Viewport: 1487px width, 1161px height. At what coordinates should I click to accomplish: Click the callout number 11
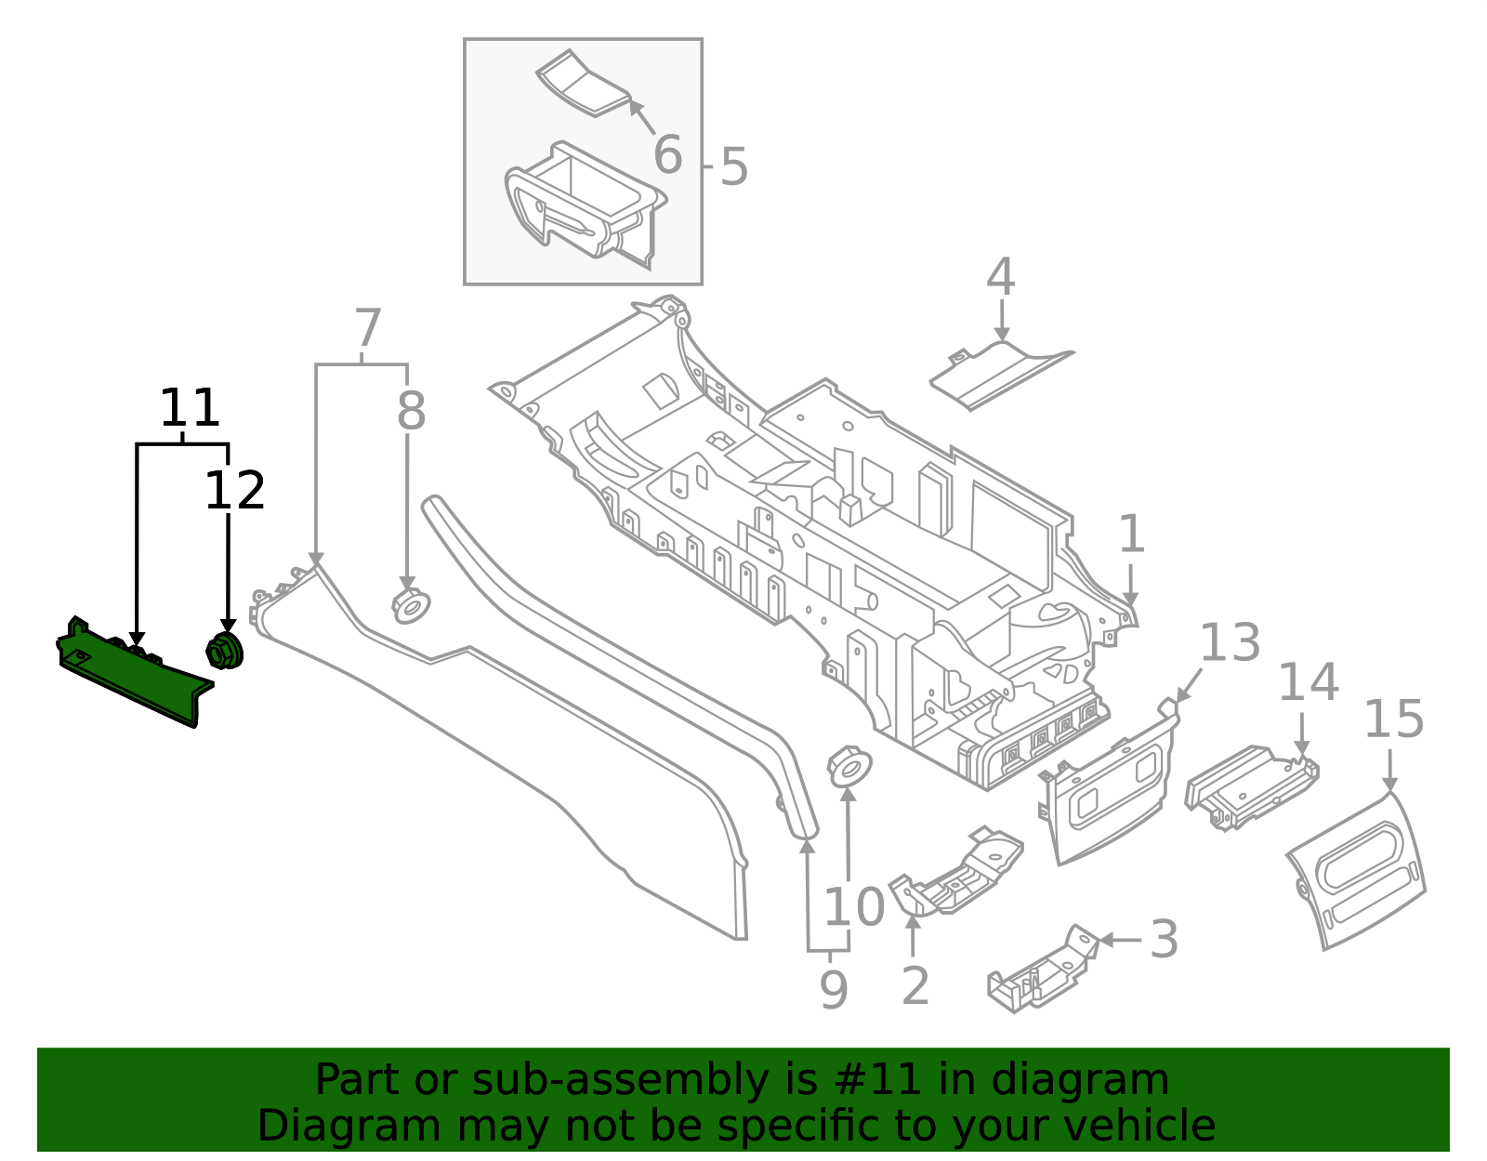[x=190, y=408]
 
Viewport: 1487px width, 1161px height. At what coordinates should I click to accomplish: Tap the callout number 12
[x=234, y=491]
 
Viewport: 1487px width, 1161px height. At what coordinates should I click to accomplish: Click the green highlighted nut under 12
[x=223, y=650]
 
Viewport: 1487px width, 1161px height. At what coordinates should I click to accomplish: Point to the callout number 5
[x=733, y=168]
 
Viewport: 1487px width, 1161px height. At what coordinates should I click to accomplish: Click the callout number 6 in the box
[x=667, y=155]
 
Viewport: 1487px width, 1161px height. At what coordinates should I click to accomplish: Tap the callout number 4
[x=1000, y=277]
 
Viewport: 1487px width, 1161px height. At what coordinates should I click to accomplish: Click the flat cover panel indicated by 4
[x=999, y=374]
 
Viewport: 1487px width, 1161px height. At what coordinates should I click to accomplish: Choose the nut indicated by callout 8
[x=409, y=606]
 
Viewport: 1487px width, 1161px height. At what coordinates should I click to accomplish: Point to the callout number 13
[x=1230, y=643]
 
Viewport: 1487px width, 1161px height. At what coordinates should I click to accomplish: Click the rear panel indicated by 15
[x=1357, y=869]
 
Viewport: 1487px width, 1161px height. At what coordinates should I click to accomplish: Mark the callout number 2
[x=915, y=986]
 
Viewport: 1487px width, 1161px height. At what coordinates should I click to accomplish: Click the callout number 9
[x=833, y=991]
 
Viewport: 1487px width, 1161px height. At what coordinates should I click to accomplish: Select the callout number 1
[x=1130, y=535]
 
